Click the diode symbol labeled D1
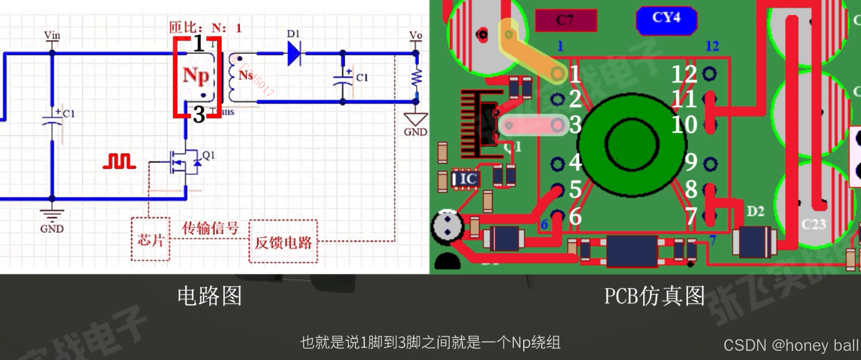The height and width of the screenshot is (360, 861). (x=294, y=53)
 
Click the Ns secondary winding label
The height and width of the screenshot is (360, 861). (x=245, y=75)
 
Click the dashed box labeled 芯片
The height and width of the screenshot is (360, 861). (x=150, y=239)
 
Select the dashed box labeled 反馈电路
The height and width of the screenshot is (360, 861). (x=283, y=242)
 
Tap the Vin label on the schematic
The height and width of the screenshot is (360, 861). (x=52, y=35)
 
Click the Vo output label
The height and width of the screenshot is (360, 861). (x=416, y=35)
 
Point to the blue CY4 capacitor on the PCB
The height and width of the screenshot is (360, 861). (x=667, y=19)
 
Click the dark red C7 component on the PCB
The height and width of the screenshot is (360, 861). (x=566, y=20)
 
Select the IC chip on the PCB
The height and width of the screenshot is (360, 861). (x=466, y=179)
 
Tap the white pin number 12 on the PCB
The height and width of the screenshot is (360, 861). (x=684, y=74)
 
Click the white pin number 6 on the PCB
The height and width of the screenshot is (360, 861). (x=575, y=217)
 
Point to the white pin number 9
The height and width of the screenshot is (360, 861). (x=691, y=162)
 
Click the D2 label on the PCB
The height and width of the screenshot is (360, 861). (x=755, y=211)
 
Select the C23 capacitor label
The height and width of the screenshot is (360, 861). (x=813, y=224)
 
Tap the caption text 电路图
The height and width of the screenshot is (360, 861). (x=209, y=296)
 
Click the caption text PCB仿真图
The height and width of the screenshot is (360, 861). (x=654, y=296)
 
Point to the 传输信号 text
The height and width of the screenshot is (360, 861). (x=210, y=228)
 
